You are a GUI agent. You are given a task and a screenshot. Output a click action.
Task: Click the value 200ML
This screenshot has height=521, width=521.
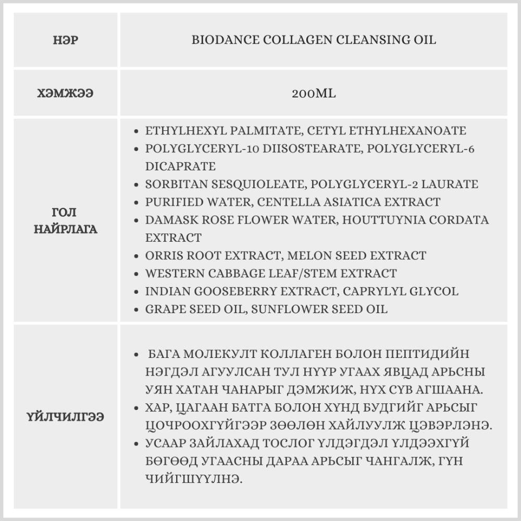(x=314, y=94)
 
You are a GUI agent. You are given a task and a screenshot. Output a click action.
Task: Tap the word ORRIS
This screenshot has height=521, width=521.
(x=164, y=256)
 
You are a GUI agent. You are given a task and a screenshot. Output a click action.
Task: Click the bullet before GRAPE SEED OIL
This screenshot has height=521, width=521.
(x=137, y=309)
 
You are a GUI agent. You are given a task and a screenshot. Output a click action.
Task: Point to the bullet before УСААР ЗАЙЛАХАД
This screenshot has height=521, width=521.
(x=137, y=443)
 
